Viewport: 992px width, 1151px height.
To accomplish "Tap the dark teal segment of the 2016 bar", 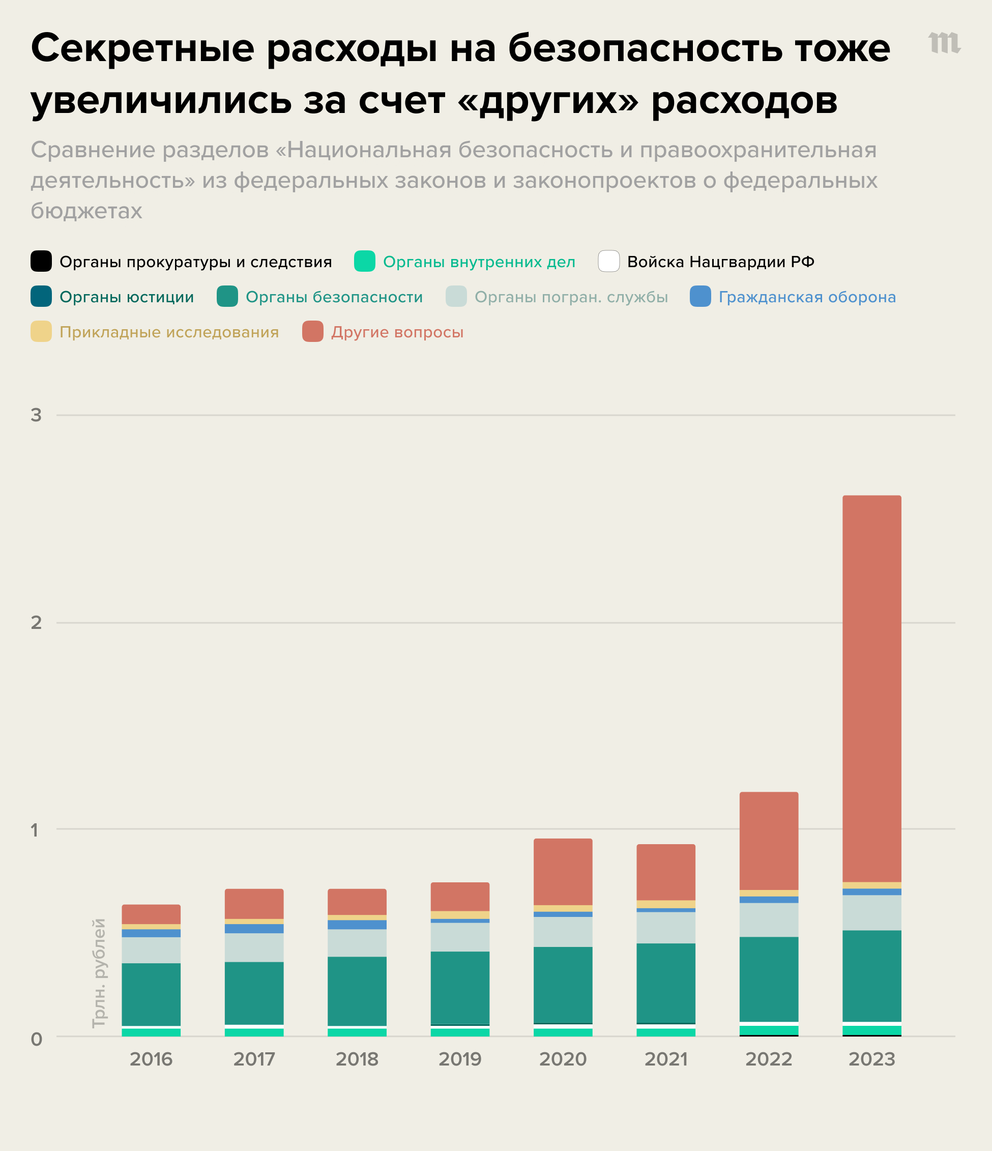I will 151,994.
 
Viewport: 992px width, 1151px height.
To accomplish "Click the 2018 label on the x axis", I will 357,1059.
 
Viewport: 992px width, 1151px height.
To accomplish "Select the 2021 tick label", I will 665,1059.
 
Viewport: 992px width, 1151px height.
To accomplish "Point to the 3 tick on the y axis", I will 36,415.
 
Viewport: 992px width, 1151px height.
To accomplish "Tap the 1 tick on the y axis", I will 35,830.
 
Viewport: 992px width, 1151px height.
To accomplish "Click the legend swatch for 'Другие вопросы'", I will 313,332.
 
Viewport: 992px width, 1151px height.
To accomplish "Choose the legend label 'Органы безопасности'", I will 334,297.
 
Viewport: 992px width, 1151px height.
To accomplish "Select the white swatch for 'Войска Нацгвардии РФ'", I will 608,262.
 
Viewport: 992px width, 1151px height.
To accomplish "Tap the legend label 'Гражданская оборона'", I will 806,297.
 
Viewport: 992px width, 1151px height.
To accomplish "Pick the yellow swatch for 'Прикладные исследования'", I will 41,332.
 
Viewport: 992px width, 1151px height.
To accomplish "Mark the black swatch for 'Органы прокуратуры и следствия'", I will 41,262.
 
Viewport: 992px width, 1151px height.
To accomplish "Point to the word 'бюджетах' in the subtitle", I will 86,211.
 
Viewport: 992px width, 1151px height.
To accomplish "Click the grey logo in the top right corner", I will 944,43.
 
